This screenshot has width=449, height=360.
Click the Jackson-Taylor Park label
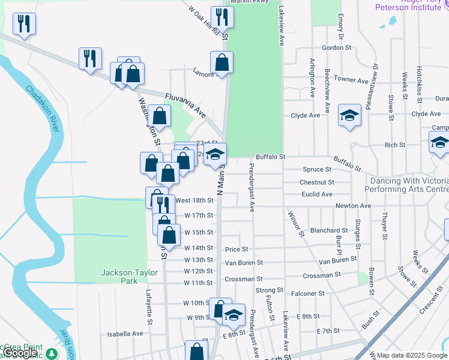tap(128, 277)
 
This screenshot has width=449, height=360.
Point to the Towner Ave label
tap(351, 80)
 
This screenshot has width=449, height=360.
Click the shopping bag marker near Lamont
tap(221, 62)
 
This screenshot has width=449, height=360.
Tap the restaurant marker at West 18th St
tap(162, 205)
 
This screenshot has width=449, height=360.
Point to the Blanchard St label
tap(329, 230)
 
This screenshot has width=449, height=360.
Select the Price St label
tap(237, 249)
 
